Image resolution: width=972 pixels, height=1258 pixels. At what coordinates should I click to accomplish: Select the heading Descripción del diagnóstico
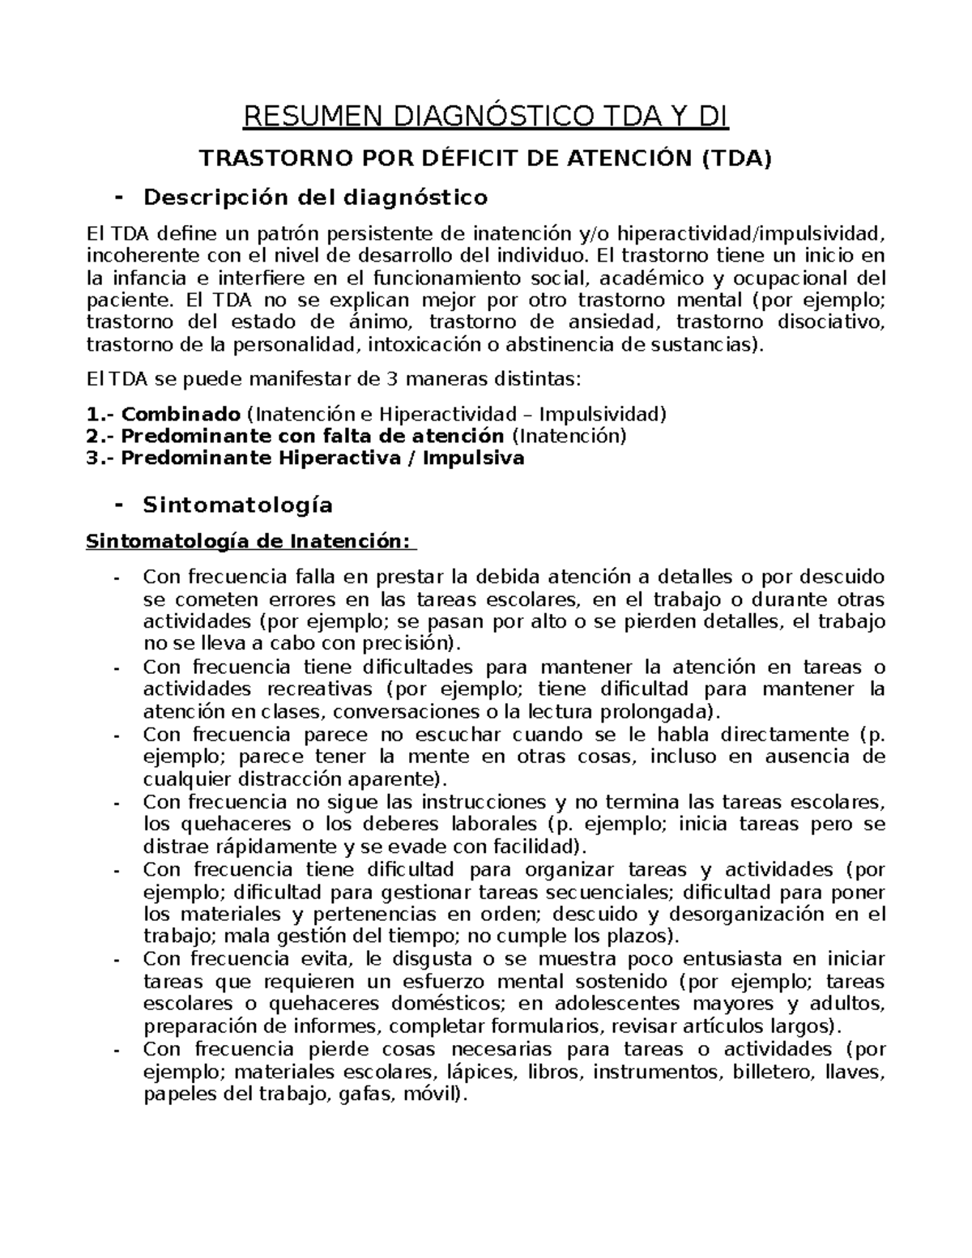coord(315,197)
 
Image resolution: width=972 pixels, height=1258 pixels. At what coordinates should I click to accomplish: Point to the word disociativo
coord(832,322)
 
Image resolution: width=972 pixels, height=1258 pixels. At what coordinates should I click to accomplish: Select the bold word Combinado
coord(181,415)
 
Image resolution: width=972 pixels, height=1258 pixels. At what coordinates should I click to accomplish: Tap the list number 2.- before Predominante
coord(100,437)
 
